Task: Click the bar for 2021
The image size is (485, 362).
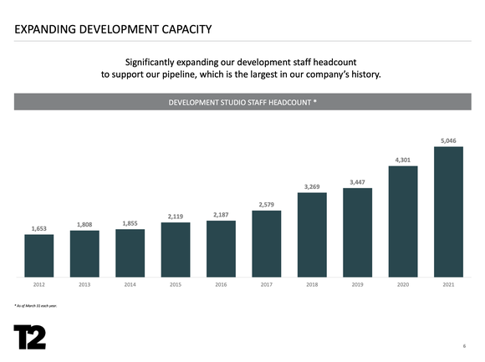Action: pyautogui.click(x=448, y=212)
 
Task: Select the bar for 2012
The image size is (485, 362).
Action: pyautogui.click(x=38, y=255)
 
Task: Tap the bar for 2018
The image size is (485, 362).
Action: pyautogui.click(x=312, y=234)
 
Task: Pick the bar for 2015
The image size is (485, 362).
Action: pyautogui.click(x=176, y=249)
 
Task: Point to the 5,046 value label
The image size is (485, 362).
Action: pyautogui.click(x=448, y=140)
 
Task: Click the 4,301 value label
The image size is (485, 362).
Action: pyautogui.click(x=402, y=160)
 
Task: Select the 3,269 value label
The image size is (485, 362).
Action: pyautogui.click(x=312, y=186)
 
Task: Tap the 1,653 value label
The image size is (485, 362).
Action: pyautogui.click(x=38, y=228)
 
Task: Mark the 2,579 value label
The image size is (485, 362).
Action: pyautogui.click(x=266, y=204)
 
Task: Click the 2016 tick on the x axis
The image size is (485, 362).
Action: pyautogui.click(x=221, y=285)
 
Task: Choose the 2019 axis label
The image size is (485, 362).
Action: pyautogui.click(x=357, y=285)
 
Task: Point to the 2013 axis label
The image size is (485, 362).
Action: pyautogui.click(x=84, y=285)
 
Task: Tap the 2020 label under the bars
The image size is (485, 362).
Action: pyautogui.click(x=402, y=285)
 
